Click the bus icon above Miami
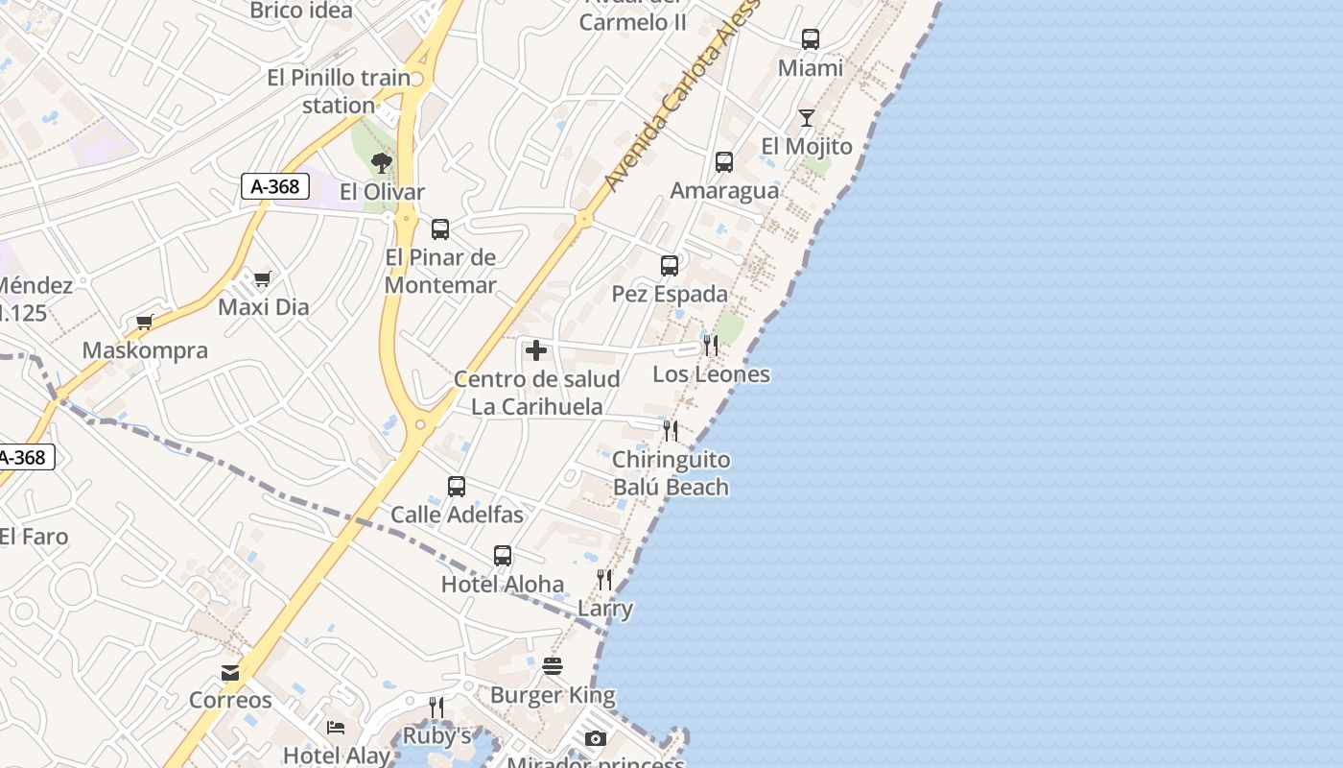(811, 39)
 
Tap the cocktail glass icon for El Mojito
(806, 118)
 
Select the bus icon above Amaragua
(724, 162)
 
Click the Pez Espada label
(670, 294)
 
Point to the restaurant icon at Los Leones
(711, 346)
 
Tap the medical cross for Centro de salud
(536, 350)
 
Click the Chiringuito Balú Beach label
(671, 473)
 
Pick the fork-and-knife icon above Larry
(604, 579)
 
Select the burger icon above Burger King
(553, 665)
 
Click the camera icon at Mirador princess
(596, 738)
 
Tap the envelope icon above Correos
(230, 672)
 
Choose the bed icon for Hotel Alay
(336, 727)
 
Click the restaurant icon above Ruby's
(436, 708)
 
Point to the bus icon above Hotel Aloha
(503, 556)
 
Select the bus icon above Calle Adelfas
(457, 487)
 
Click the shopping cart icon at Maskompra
(145, 323)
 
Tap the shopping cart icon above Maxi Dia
(262, 279)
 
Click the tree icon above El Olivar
(382, 163)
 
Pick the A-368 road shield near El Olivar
(274, 186)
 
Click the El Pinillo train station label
(339, 91)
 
